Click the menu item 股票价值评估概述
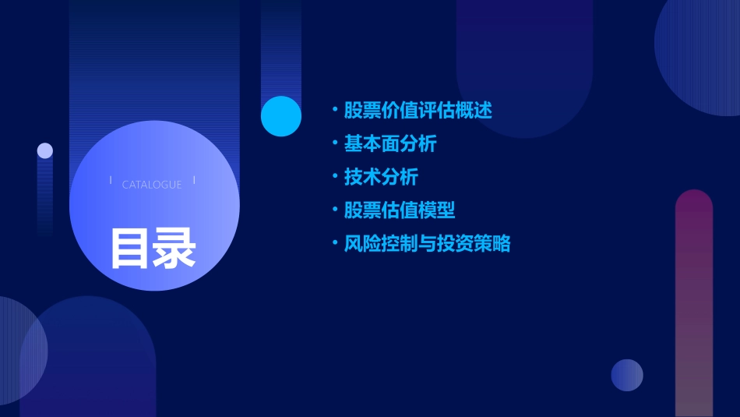(418, 110)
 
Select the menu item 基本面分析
(390, 144)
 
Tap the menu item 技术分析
(381, 177)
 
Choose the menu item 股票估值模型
(400, 210)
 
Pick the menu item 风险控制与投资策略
(427, 244)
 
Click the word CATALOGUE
(152, 185)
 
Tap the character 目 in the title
(129, 249)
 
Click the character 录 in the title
(174, 249)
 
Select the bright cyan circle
(281, 116)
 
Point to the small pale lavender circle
(45, 150)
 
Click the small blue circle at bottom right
(627, 375)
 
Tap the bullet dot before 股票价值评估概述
(335, 110)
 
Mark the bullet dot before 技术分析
(335, 177)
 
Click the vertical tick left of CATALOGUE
(111, 181)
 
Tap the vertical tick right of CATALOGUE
(194, 181)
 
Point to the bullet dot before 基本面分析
(335, 144)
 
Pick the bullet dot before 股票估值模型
(335, 210)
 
